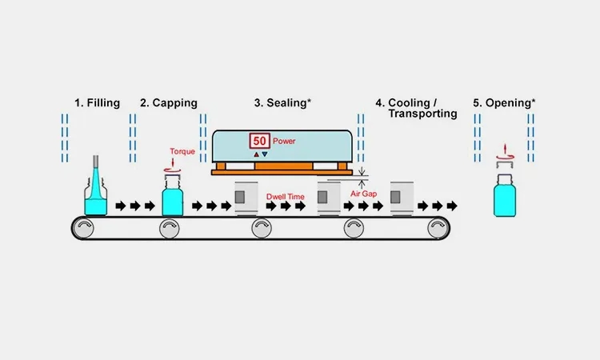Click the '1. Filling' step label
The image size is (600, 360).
(x=97, y=102)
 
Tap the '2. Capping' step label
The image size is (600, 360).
(x=168, y=102)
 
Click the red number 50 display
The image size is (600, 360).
(x=260, y=141)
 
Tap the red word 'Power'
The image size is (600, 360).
(x=285, y=141)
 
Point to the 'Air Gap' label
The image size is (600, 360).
(x=364, y=193)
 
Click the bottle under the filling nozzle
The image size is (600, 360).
(x=96, y=198)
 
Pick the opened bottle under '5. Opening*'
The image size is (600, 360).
(x=505, y=197)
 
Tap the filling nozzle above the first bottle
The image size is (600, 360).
(x=96, y=164)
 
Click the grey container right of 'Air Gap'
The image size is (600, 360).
(x=402, y=198)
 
